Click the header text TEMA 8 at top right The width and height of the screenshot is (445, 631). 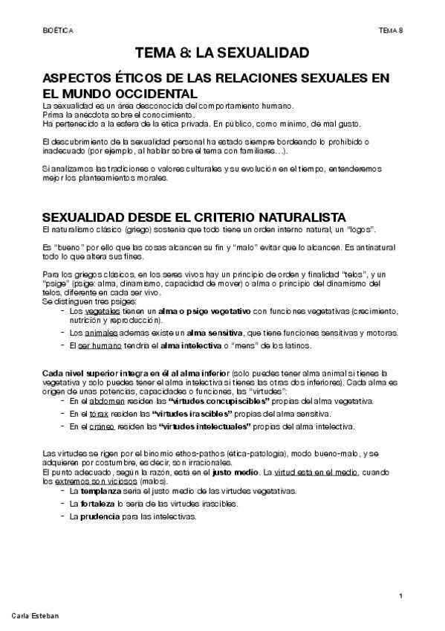click(x=389, y=30)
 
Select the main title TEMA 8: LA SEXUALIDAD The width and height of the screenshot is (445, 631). click(x=222, y=53)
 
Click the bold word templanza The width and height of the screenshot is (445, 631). click(x=98, y=491)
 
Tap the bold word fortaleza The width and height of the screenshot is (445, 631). click(x=96, y=504)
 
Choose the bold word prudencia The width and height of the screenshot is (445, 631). click(x=98, y=516)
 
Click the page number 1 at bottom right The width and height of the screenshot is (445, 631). click(x=400, y=596)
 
